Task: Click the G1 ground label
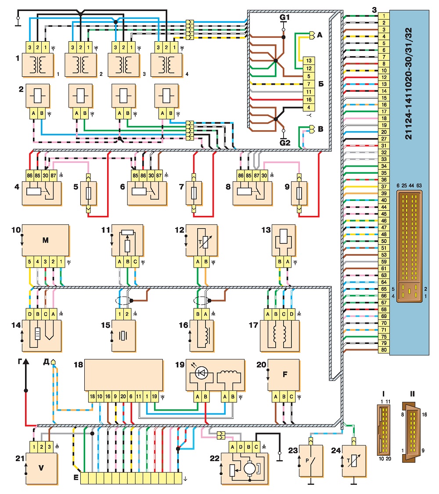[284, 17]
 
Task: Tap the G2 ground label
[285, 143]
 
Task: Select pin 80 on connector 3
[384, 350]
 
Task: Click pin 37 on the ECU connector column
[384, 186]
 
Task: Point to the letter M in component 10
[45, 240]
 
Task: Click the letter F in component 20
[285, 374]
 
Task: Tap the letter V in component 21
[41, 468]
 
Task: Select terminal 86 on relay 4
[29, 175]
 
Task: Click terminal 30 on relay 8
[264, 175]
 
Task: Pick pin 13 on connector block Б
[309, 61]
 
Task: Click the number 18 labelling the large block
[79, 365]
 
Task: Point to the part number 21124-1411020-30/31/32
[408, 83]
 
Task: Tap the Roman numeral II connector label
[412, 394]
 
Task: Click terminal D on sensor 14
[29, 314]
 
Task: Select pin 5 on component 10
[29, 261]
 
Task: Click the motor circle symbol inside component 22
[250, 468]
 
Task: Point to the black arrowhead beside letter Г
[26, 362]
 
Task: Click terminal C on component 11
[135, 261]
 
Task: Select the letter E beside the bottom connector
[76, 478]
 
